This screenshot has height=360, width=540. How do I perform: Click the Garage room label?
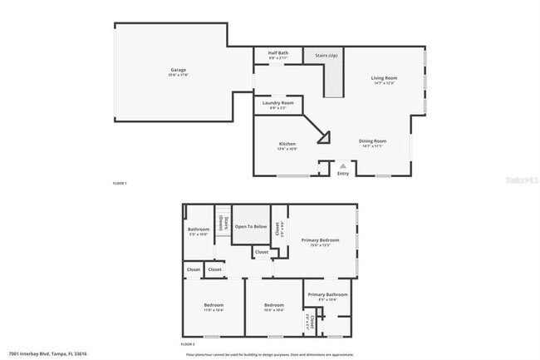tap(178, 70)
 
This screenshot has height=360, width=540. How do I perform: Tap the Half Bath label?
tap(278, 53)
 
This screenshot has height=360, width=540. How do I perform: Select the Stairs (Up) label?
tap(326, 56)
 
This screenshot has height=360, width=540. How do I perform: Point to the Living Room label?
tap(384, 78)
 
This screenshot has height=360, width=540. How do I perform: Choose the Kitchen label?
tap(287, 144)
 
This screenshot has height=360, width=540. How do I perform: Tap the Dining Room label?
tap(372, 141)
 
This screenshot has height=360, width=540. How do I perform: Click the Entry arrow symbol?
tap(342, 166)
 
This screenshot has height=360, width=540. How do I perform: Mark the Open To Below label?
tap(251, 226)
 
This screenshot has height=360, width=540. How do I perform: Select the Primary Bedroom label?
tap(321, 240)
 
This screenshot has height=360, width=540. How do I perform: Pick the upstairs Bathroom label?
tap(199, 229)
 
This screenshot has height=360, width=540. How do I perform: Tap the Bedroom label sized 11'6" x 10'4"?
tap(214, 305)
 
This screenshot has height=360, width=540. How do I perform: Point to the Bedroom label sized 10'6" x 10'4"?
tap(274, 305)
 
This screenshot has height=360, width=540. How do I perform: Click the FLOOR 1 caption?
tap(120, 182)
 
